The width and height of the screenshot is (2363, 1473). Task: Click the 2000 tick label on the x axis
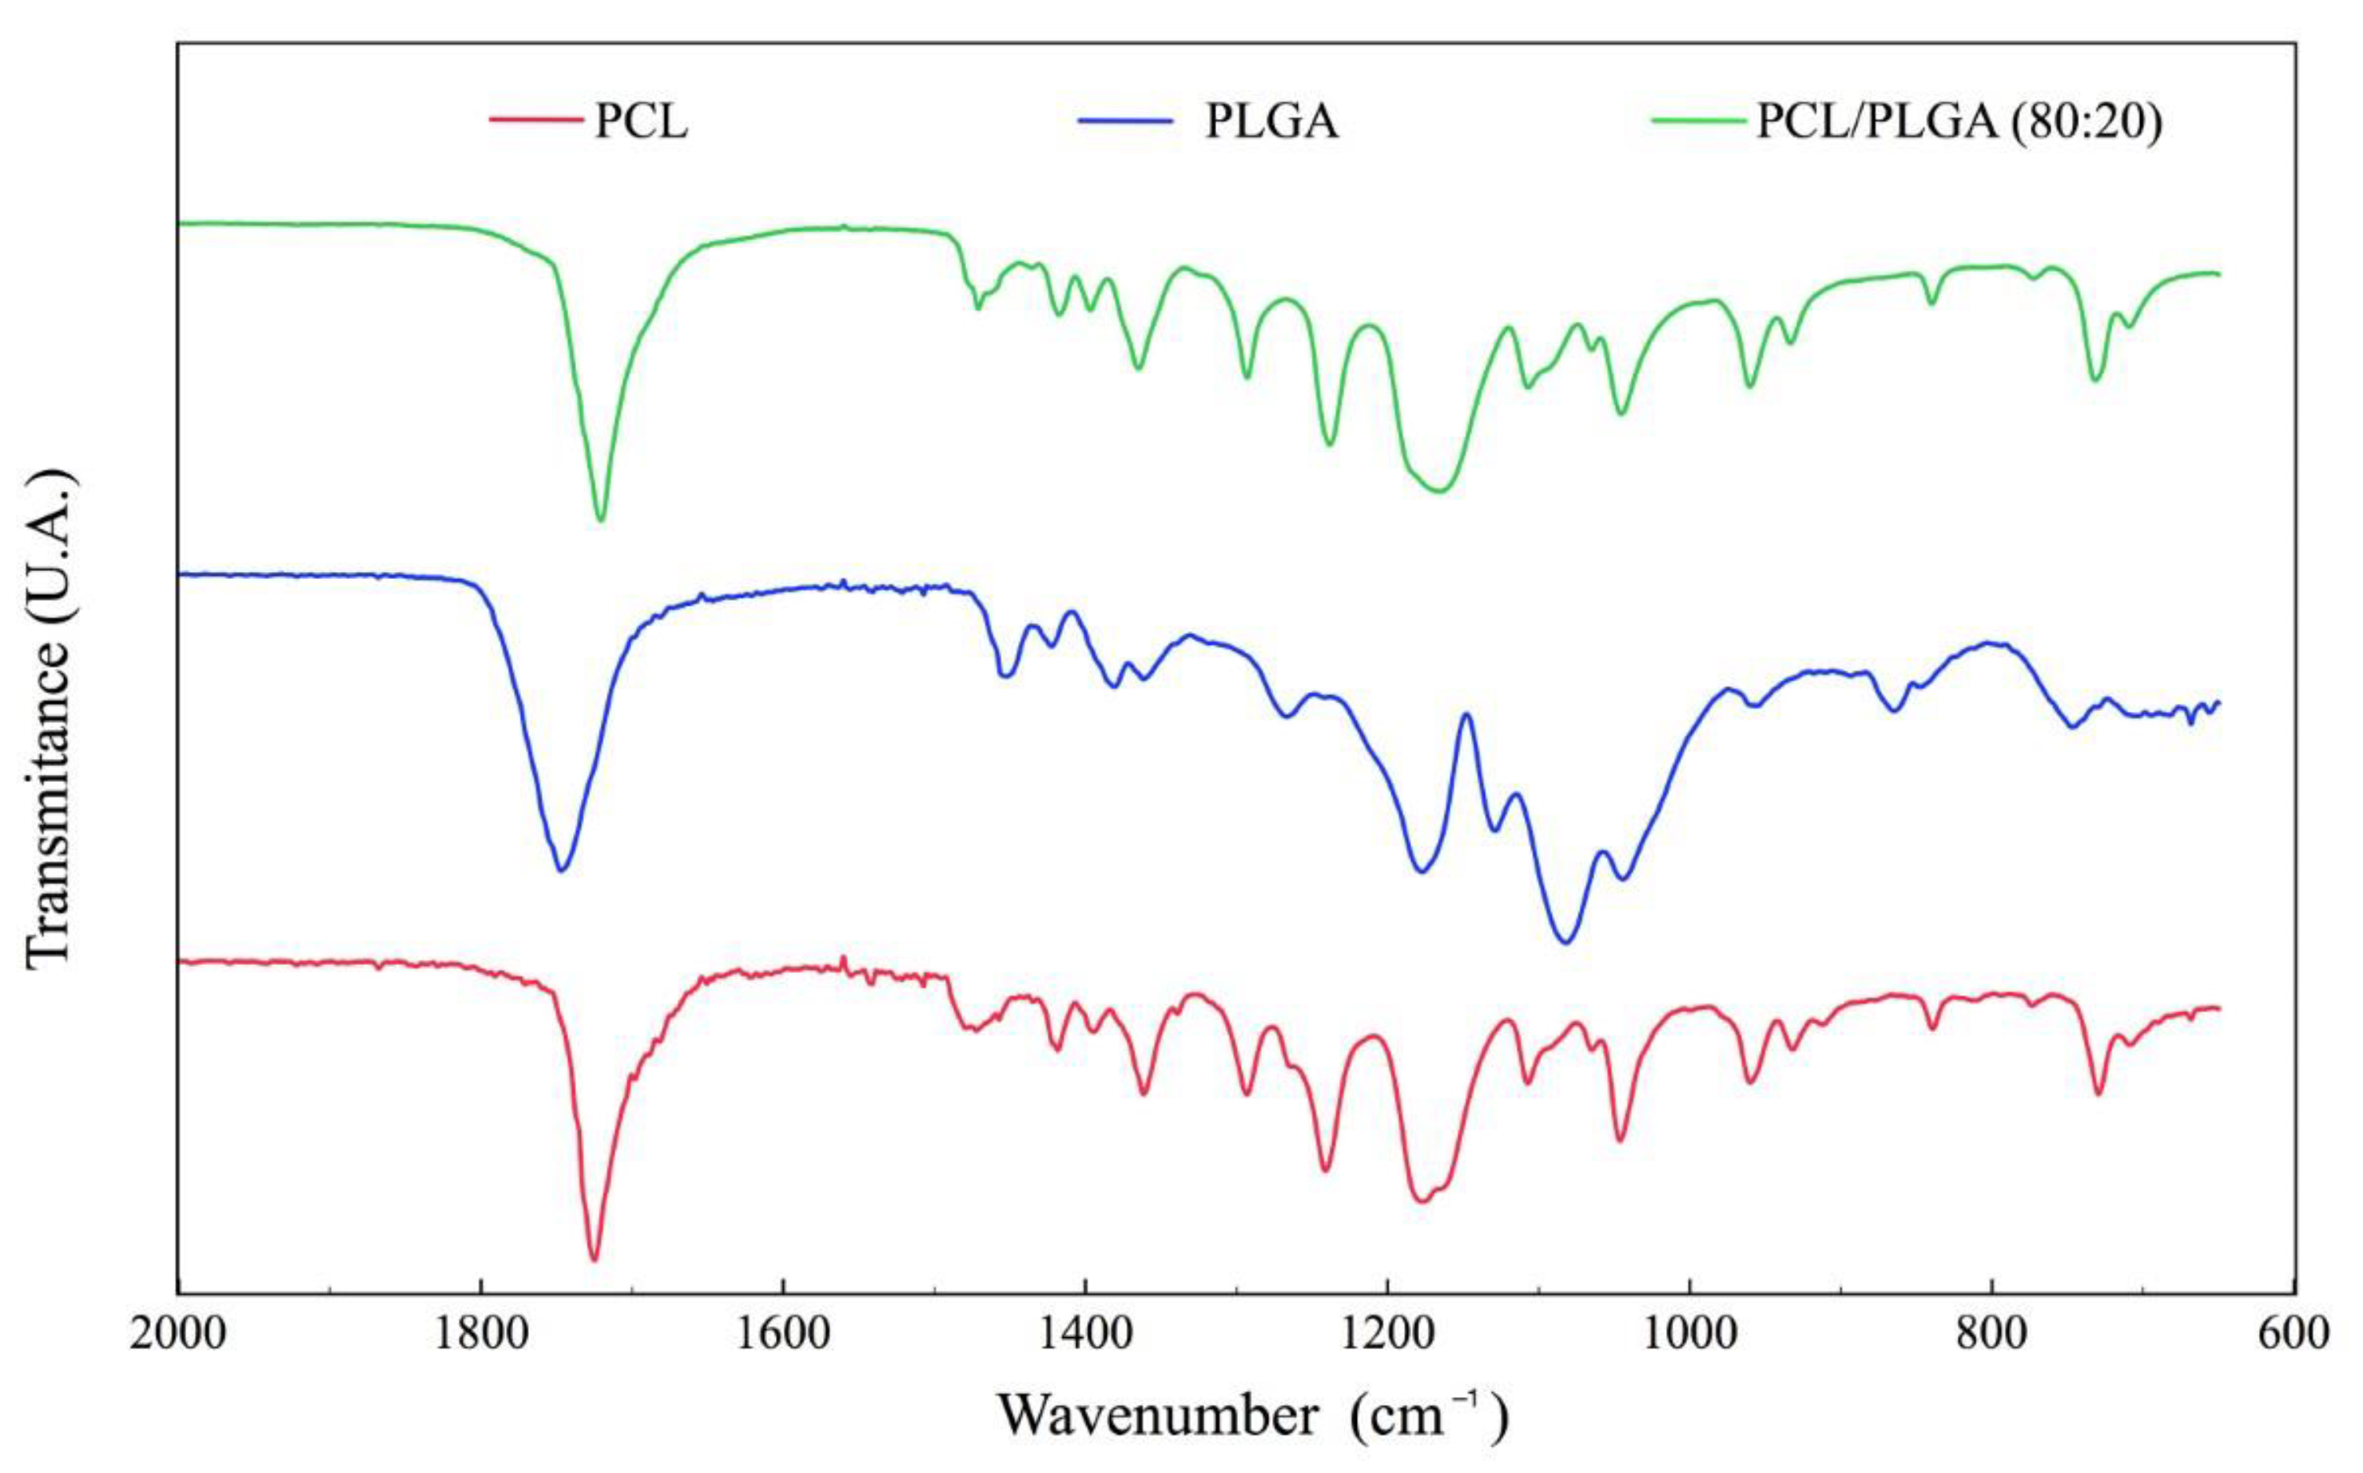pos(179,1331)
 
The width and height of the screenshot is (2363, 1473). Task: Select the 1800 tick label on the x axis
pos(480,1331)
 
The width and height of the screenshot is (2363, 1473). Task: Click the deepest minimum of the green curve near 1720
pos(600,519)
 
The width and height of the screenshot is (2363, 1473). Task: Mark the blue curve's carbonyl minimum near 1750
pos(561,870)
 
